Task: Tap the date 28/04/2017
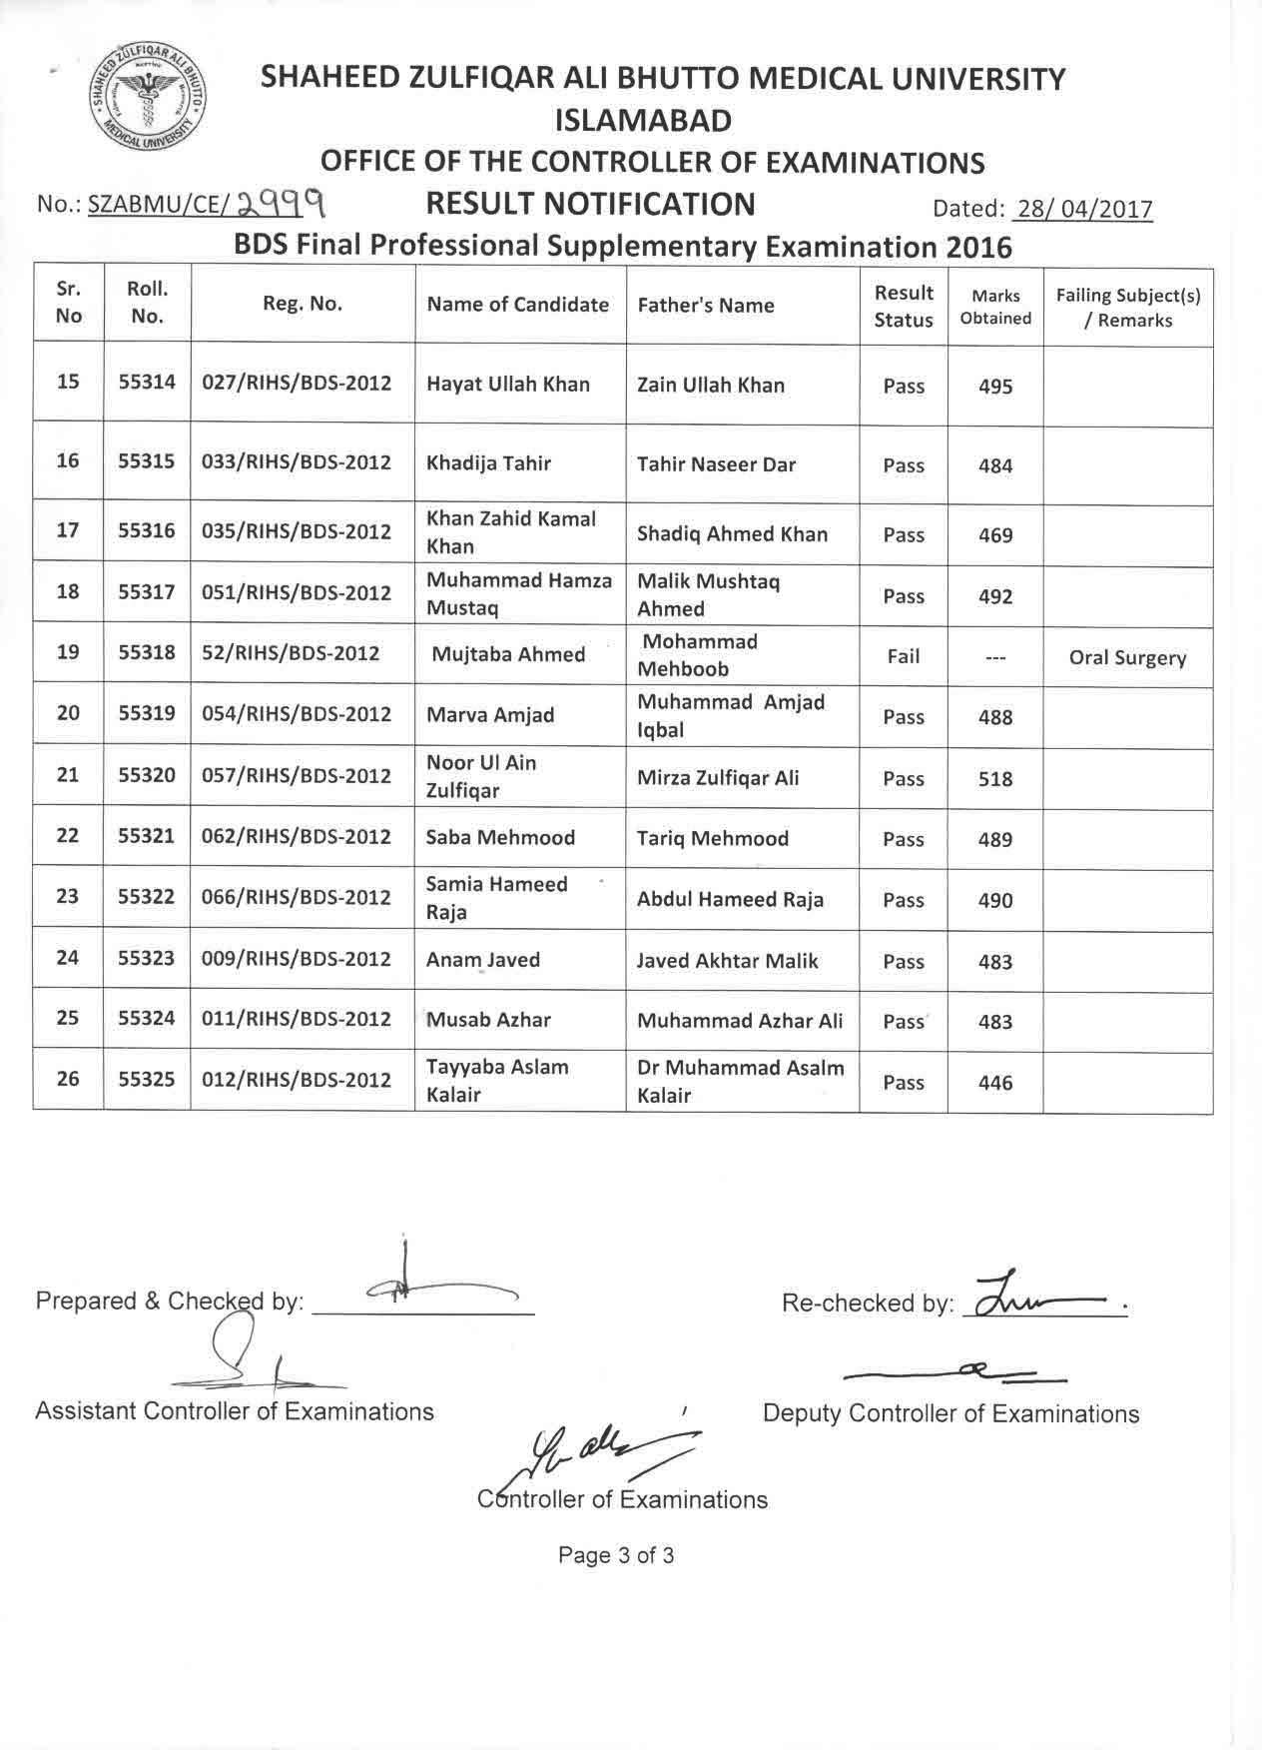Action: click(x=1082, y=209)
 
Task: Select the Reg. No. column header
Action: click(x=303, y=305)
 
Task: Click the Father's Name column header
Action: click(x=706, y=306)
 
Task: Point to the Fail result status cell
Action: click(x=903, y=656)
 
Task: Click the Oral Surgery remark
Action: click(x=1127, y=658)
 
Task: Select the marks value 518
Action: click(x=995, y=779)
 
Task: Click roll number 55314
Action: click(x=147, y=382)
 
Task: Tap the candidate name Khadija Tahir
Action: click(x=488, y=463)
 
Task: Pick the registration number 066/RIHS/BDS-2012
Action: click(x=297, y=897)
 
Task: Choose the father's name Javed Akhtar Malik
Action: click(x=727, y=961)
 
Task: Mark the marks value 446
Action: click(x=995, y=1083)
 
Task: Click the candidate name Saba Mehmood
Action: click(x=500, y=838)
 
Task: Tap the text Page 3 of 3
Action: click(x=616, y=1555)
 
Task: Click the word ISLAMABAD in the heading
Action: click(x=643, y=121)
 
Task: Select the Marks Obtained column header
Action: click(x=995, y=307)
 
